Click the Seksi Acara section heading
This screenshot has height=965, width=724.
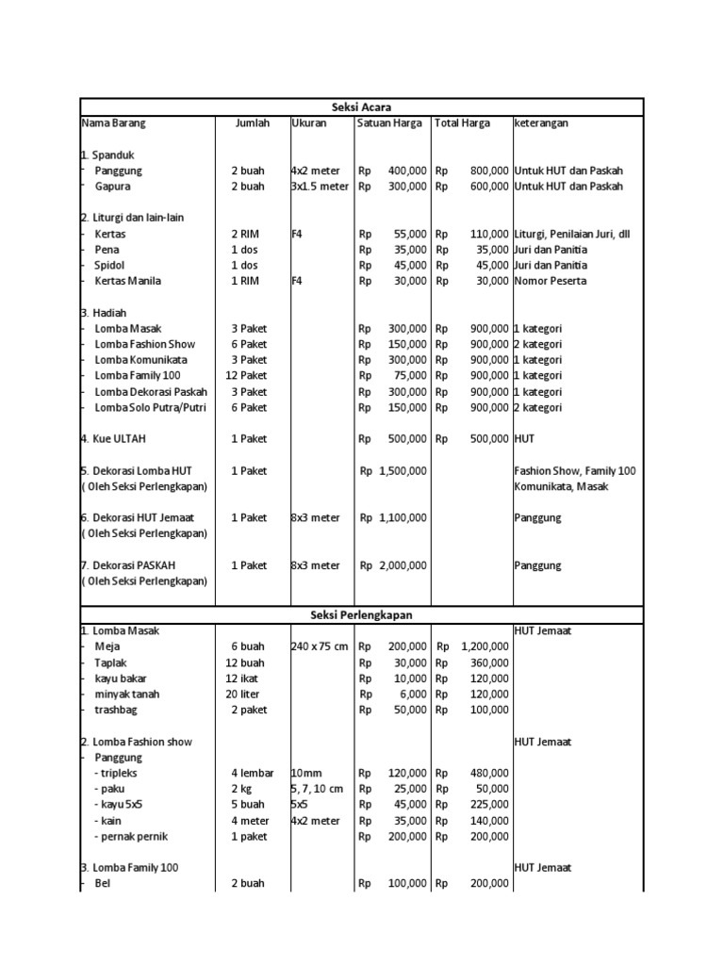(x=361, y=106)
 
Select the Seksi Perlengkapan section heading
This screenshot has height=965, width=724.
(x=361, y=614)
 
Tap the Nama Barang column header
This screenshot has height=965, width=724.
(x=114, y=123)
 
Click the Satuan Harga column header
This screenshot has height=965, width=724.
(x=390, y=123)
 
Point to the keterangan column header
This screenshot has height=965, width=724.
(x=541, y=123)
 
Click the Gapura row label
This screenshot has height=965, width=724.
(x=114, y=187)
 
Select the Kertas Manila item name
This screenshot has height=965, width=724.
(x=128, y=281)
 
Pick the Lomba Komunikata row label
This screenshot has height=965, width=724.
(x=140, y=360)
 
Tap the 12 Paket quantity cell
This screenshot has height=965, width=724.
(x=249, y=376)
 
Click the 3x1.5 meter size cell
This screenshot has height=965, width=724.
(x=320, y=187)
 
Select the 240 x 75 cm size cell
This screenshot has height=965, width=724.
(x=320, y=647)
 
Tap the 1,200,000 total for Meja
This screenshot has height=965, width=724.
(x=485, y=647)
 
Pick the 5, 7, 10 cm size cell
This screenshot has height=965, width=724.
(x=318, y=789)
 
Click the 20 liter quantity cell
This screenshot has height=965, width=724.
(x=249, y=694)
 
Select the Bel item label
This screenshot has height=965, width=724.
(x=103, y=884)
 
